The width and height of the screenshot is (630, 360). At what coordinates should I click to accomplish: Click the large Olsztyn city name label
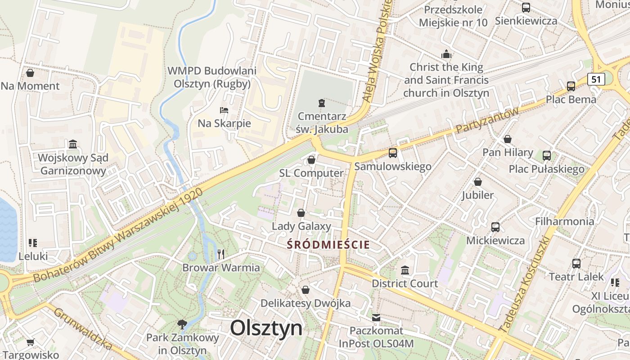point(266,328)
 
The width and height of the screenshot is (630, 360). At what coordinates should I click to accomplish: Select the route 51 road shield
point(596,79)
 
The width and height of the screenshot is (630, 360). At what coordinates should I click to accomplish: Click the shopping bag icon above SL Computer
point(311,160)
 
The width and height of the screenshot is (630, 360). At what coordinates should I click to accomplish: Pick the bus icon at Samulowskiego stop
point(393,153)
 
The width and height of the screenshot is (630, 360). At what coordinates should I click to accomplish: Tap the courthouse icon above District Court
point(405,270)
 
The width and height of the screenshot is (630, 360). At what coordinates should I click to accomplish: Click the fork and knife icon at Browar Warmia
point(220,254)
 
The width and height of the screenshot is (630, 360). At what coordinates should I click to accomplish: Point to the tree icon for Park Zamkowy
point(182,324)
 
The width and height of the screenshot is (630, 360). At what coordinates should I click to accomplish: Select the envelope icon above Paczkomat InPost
point(376,318)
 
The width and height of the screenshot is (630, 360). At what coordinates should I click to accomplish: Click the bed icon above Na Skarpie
point(224,110)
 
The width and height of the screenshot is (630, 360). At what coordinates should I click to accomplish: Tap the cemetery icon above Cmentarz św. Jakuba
point(322,103)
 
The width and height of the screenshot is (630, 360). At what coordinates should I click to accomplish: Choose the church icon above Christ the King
point(446,54)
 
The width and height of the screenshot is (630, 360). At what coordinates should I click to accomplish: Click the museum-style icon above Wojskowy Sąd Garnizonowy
point(73,144)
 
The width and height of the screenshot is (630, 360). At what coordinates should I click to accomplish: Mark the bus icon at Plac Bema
point(571,86)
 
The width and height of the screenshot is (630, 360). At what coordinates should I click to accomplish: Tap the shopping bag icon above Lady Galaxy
point(301,213)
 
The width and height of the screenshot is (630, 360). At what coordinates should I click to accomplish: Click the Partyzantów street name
point(487,120)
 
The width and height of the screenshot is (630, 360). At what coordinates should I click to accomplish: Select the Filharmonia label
point(564,221)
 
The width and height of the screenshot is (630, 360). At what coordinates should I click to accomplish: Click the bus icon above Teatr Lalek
point(576,263)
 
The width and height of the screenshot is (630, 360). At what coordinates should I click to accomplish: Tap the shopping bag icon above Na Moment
point(30,72)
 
